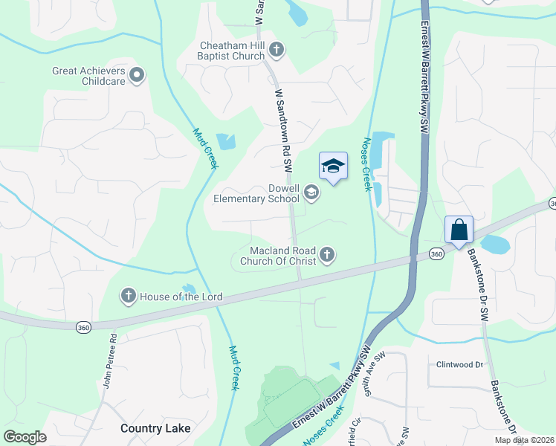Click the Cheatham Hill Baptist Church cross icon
point(276,51)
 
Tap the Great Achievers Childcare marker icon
point(136,75)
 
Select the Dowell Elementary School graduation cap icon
point(311,194)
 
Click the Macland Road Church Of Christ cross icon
point(326,256)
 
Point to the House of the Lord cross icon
point(129,297)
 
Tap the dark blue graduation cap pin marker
point(333,167)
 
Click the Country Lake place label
point(155,428)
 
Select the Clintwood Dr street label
point(460,365)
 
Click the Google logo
point(25,436)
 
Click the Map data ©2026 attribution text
point(523,440)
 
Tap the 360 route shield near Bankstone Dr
point(438,254)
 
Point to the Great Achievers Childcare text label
point(86,77)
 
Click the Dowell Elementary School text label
point(256,194)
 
